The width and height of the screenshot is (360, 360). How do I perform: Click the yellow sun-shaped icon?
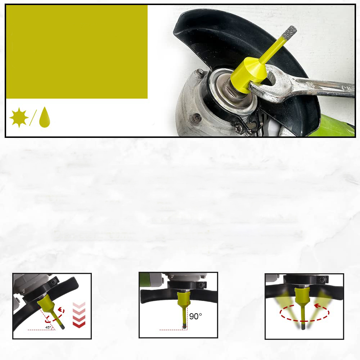coord(19,117)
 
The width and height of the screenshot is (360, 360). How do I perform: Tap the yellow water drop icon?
coord(45,117)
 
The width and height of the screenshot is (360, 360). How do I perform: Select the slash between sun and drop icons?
coord(33,118)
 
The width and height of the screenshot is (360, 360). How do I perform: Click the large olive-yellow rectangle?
coord(77,52)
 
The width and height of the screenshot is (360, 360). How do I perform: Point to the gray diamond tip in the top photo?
coord(289,32)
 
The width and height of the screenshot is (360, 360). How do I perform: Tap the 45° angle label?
coord(48,327)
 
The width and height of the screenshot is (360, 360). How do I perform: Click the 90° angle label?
coord(195,316)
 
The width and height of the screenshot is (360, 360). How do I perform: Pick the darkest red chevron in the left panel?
coord(79,324)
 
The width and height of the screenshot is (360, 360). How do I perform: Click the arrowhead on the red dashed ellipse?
coord(317,306)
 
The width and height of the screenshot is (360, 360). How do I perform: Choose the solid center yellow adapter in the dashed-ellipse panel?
coord(302,296)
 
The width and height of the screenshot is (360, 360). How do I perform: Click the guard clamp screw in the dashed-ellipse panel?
coord(321,279)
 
